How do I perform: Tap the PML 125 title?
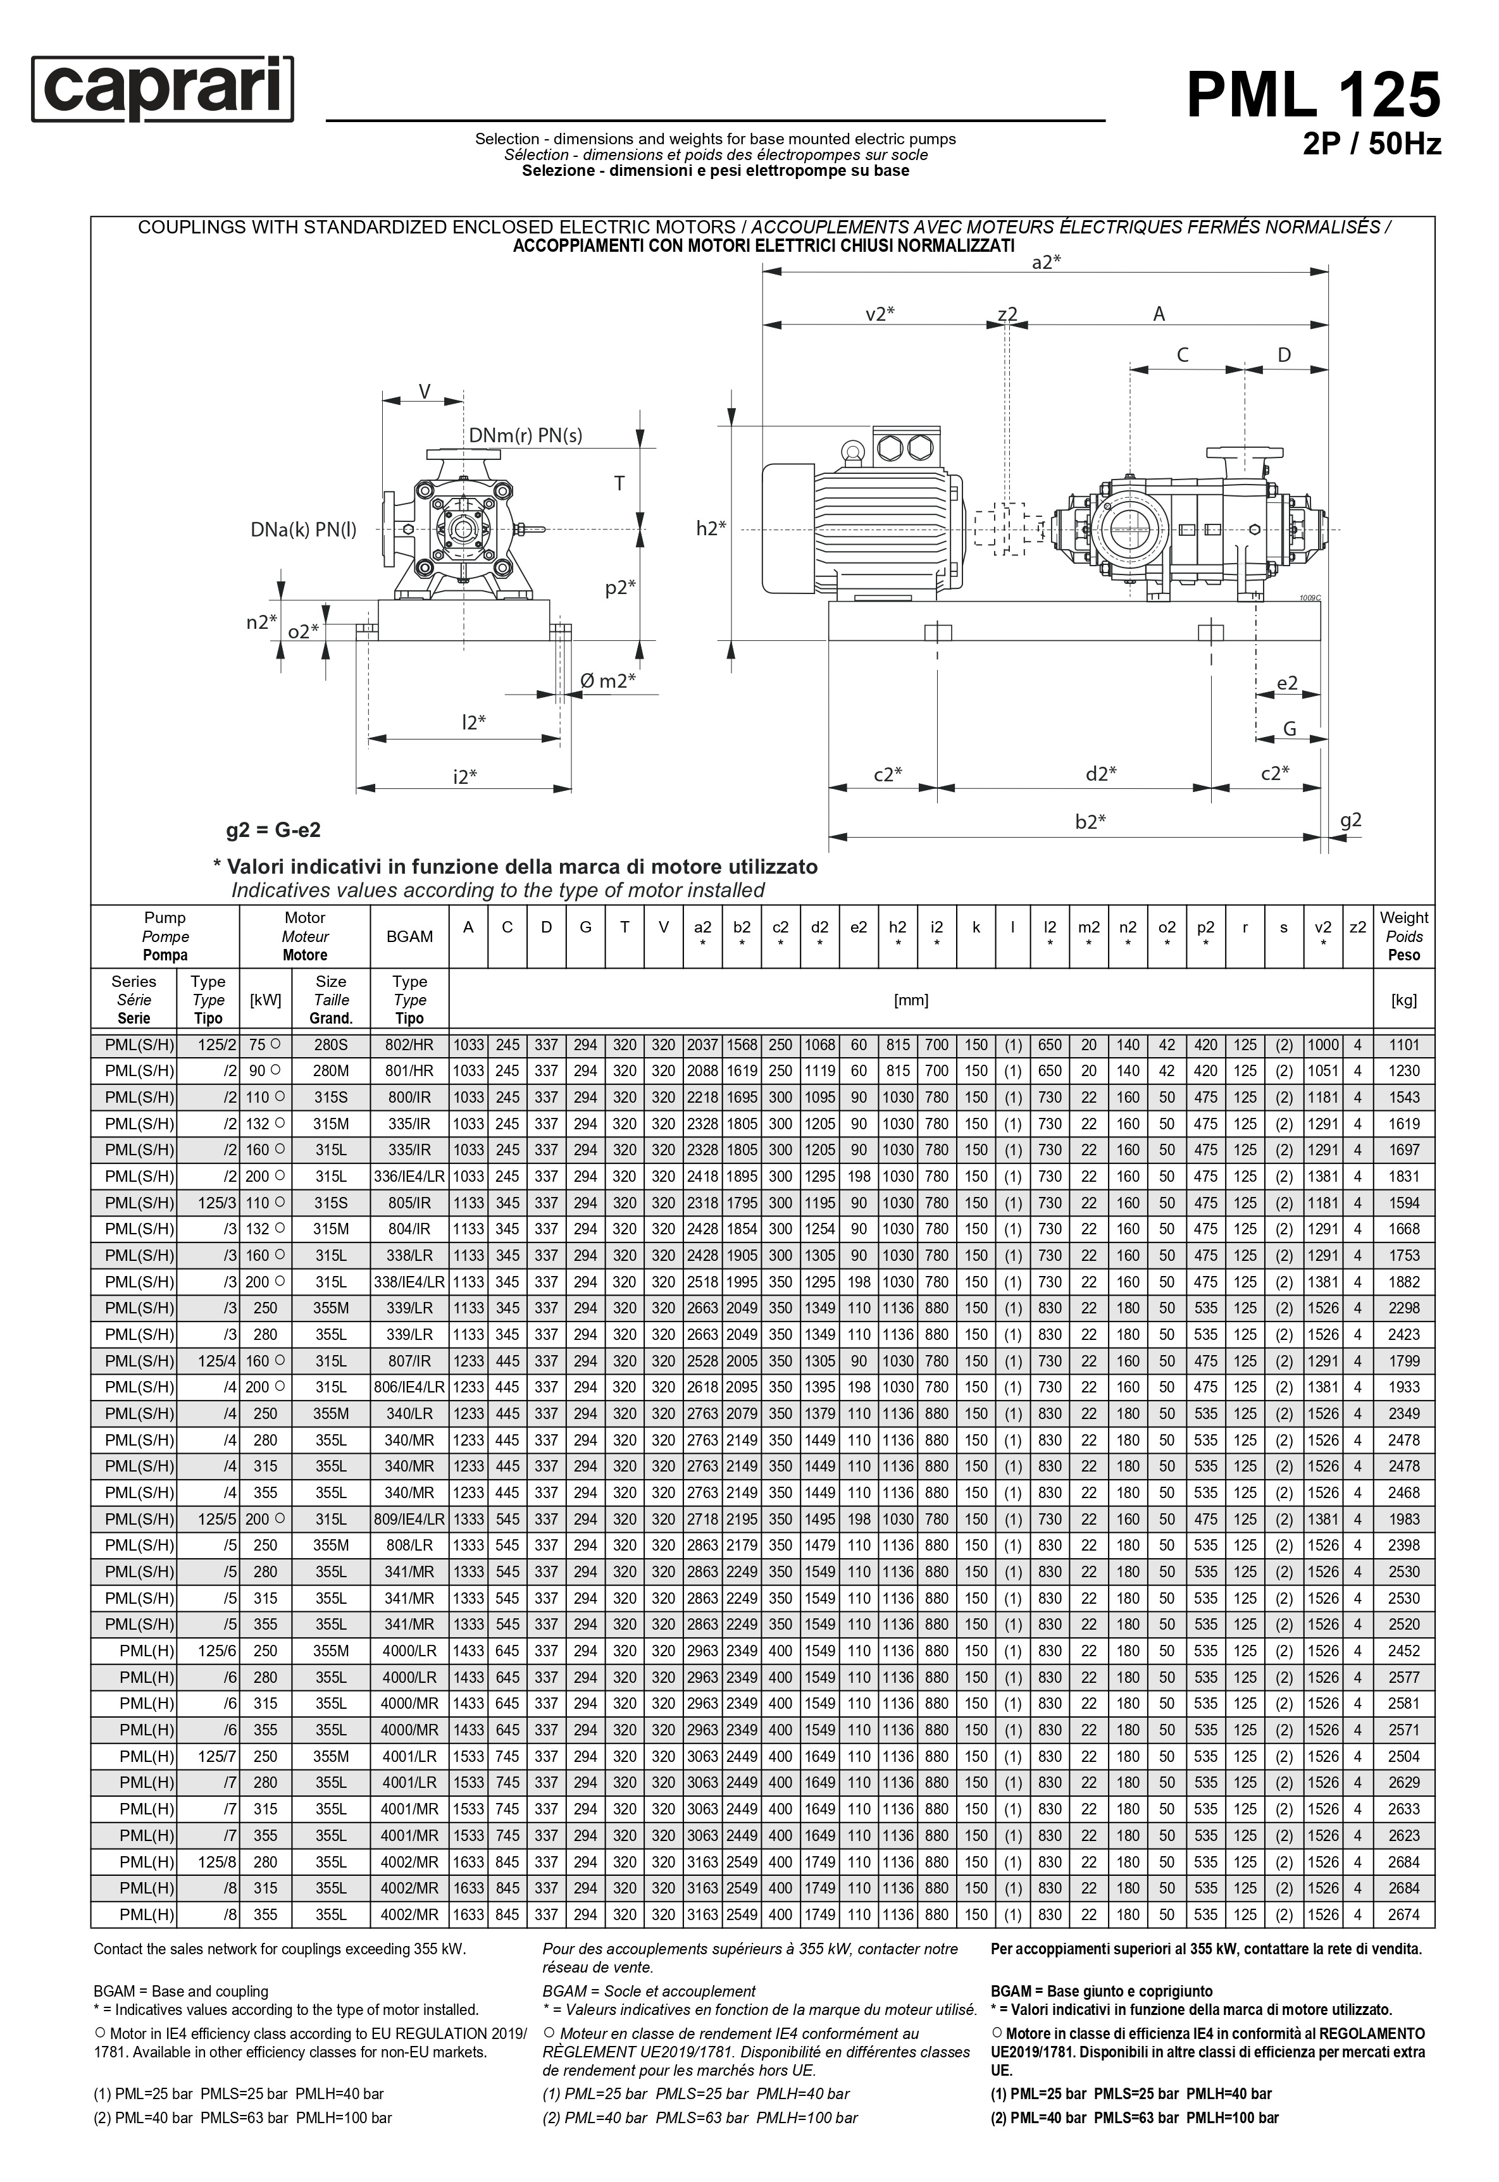(x=1312, y=95)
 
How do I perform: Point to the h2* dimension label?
(x=711, y=529)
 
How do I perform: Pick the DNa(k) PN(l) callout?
(x=303, y=530)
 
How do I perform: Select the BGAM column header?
(x=409, y=936)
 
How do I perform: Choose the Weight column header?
(x=1403, y=936)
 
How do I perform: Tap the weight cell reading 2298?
(x=1403, y=1308)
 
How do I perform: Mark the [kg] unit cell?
(x=1403, y=1000)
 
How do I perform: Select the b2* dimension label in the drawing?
(x=1090, y=822)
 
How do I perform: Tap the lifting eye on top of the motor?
(x=853, y=452)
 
